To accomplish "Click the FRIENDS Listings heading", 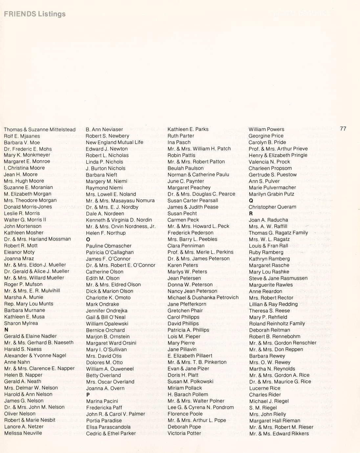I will coord(35,14).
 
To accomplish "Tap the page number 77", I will coord(343,129).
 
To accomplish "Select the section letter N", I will coord(6,330).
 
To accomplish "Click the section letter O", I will coord(88,240).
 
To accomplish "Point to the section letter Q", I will coord(251,201).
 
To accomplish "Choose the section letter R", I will coord(251,214).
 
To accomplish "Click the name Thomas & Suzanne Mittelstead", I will coord(40,130).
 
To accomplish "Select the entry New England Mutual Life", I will coord(114,142).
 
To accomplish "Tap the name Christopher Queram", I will coord(272,207).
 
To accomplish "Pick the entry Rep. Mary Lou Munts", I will coord(29,304).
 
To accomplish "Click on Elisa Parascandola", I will coord(108,427).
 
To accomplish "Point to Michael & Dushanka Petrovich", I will coord(203,298).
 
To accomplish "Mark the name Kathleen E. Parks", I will coord(188,129).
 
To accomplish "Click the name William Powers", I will coord(266,129).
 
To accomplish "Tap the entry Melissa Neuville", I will coord(23,433).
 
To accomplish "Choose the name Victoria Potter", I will coord(184,433).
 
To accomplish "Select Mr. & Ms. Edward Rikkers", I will coord(279,434).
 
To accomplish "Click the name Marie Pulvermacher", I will coord(272,188).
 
